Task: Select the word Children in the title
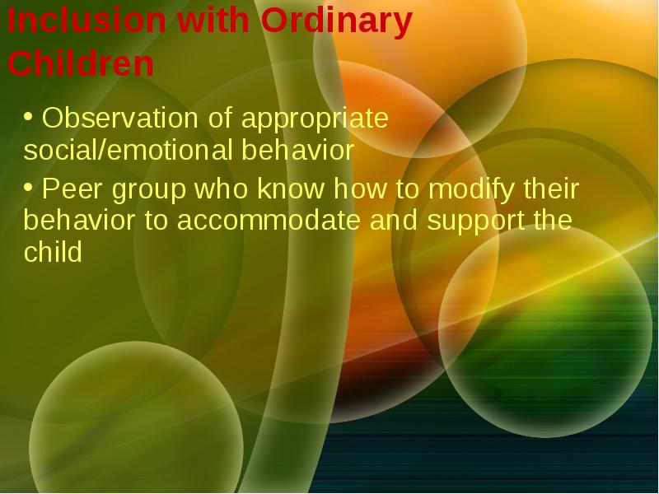coord(81,63)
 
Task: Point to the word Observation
coord(119,118)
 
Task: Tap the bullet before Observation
coord(28,117)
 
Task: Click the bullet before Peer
coord(28,188)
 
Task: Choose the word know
coord(291,189)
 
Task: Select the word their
coord(551,189)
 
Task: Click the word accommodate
coord(269,221)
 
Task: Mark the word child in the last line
coord(53,251)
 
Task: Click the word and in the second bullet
coord(394,221)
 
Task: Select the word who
coord(222,189)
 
